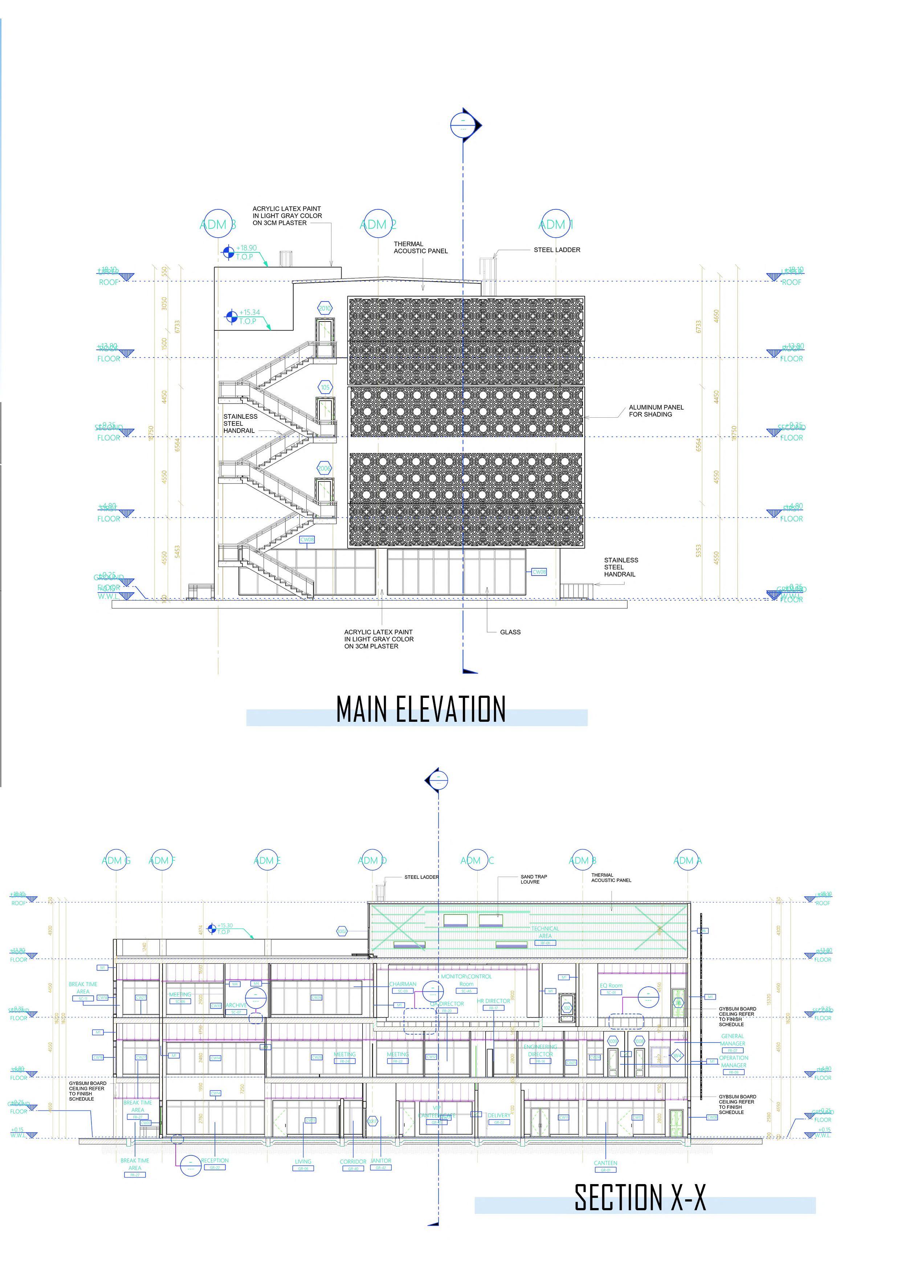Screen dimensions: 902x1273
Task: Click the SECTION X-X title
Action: (x=640, y=1198)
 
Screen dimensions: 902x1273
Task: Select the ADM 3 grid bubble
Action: (x=217, y=224)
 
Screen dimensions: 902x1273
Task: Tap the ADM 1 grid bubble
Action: (x=555, y=224)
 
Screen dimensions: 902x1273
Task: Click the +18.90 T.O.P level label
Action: (x=245, y=252)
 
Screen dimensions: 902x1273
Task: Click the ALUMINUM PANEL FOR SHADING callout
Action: (x=656, y=410)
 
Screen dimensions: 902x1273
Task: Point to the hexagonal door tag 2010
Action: (x=325, y=308)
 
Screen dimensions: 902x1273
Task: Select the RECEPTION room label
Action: (x=215, y=1160)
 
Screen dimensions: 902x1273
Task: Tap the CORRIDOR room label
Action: (x=353, y=1161)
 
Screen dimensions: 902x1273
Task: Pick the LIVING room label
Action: (x=303, y=1161)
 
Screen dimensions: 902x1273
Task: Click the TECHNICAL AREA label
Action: (x=544, y=932)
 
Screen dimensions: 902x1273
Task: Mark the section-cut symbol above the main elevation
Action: (x=464, y=124)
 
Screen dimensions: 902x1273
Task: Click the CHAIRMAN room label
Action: (x=403, y=984)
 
